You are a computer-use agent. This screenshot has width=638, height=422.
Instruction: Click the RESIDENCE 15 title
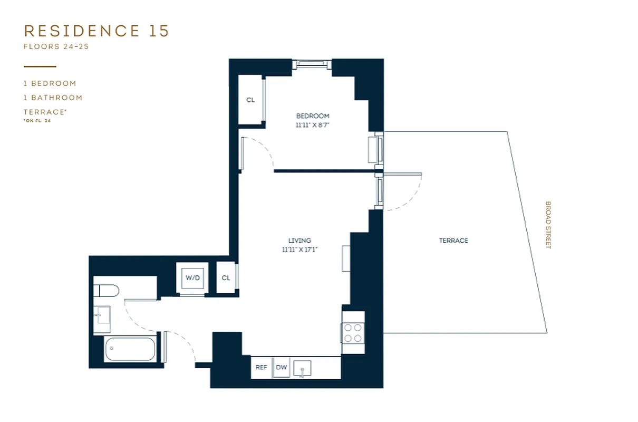click(96, 31)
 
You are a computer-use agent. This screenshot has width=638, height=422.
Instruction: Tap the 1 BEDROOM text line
click(50, 83)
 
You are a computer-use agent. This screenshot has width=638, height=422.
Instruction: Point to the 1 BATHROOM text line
click(53, 98)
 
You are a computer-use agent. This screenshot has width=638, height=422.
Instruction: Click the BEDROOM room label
click(312, 116)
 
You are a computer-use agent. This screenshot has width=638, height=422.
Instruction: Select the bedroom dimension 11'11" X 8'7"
click(312, 125)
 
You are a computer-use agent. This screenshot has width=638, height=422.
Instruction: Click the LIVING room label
click(299, 241)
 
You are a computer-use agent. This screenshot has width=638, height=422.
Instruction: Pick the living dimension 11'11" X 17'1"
click(299, 250)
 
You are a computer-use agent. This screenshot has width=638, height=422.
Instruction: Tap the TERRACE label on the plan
click(453, 241)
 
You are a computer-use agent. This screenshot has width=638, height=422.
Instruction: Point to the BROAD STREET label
click(548, 225)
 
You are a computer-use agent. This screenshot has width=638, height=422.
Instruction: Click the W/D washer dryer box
click(190, 278)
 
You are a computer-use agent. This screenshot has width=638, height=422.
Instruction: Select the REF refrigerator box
click(261, 368)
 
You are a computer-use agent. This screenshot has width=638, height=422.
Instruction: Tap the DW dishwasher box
click(282, 368)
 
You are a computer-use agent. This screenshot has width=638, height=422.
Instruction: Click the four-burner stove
click(353, 332)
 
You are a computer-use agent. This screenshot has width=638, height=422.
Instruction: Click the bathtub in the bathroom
click(130, 349)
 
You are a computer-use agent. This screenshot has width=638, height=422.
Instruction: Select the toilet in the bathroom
click(107, 291)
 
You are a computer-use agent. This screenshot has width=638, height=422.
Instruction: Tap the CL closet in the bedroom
click(250, 100)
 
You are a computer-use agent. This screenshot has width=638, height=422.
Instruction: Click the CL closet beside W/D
click(226, 278)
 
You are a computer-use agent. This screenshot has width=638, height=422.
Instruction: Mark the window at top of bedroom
click(311, 64)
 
